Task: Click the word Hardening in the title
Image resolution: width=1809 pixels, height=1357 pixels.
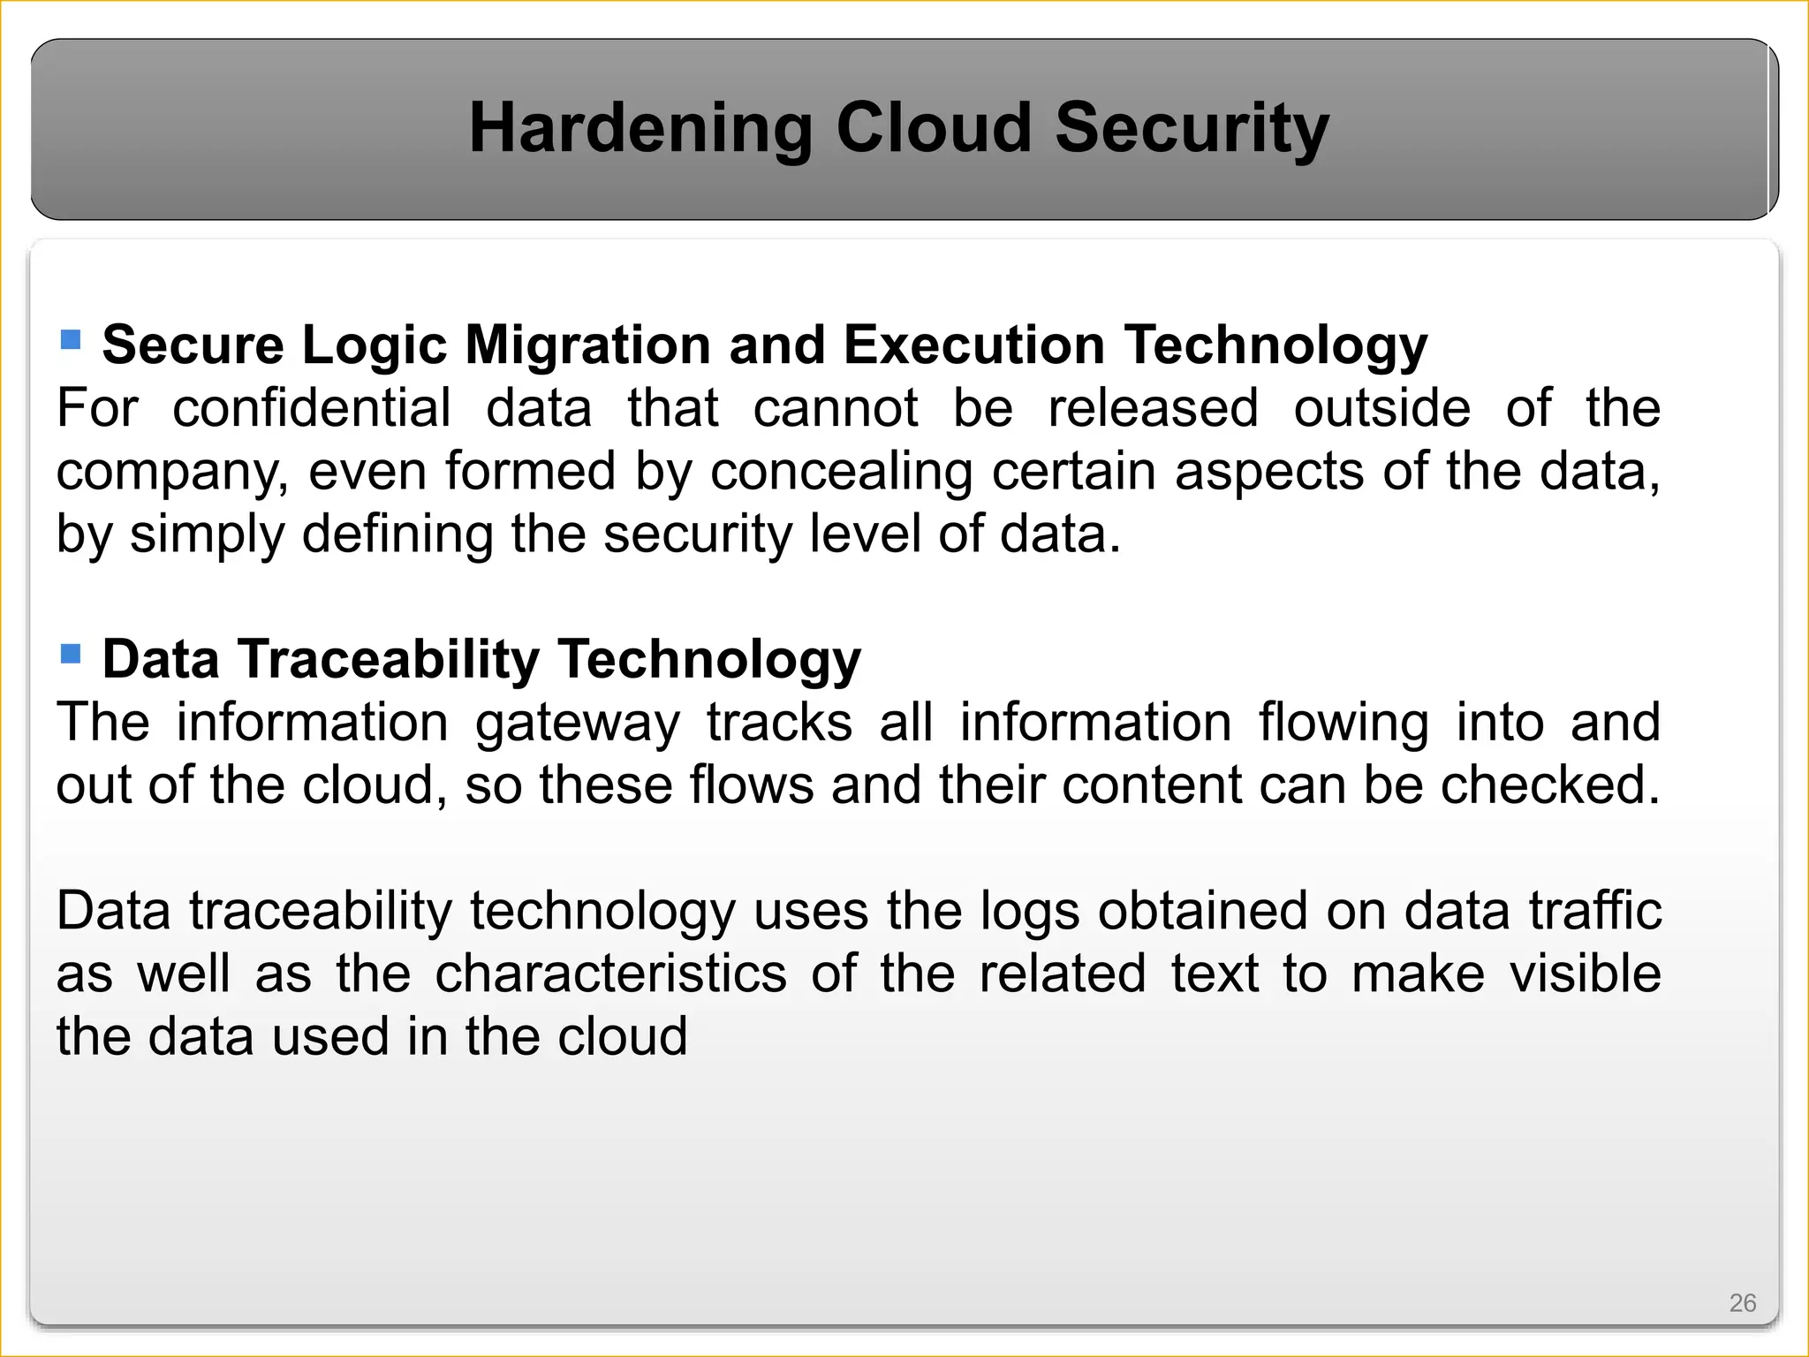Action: coord(640,129)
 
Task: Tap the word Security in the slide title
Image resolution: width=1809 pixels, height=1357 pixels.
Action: coord(1192,129)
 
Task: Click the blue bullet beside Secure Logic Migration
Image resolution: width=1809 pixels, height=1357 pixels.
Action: coord(71,339)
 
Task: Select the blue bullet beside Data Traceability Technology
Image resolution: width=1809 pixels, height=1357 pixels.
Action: coord(71,654)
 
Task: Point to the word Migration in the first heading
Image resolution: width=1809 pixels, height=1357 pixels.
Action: coord(587,345)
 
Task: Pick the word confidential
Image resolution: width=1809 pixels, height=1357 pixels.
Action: coord(311,408)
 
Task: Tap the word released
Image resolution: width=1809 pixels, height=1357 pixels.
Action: coord(1153,408)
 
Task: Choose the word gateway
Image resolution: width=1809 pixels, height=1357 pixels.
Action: coord(578,724)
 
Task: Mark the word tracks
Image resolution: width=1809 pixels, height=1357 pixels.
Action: coord(779,722)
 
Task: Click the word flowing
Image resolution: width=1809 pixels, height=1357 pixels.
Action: coord(1343,724)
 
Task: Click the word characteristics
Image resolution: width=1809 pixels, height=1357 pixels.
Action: coord(610,974)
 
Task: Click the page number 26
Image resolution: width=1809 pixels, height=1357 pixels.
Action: coord(1742,1303)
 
